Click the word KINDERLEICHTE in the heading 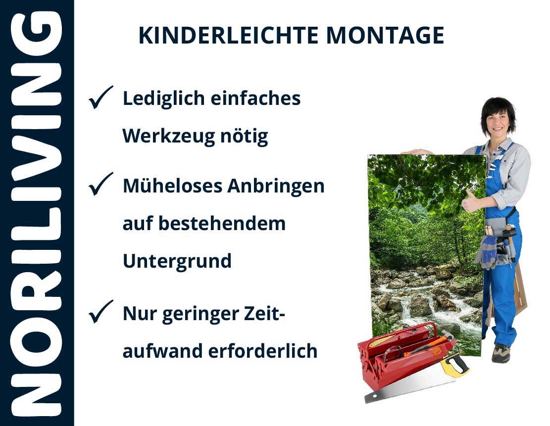[228, 36]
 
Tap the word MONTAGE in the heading [385, 36]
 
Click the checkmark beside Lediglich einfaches [100, 97]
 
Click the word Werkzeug [168, 137]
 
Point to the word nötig [244, 136]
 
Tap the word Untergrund [177, 261]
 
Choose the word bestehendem [222, 223]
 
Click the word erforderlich [263, 351]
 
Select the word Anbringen [276, 186]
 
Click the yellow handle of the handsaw [454, 365]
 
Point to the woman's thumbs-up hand [469, 201]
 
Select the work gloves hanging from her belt [487, 251]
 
